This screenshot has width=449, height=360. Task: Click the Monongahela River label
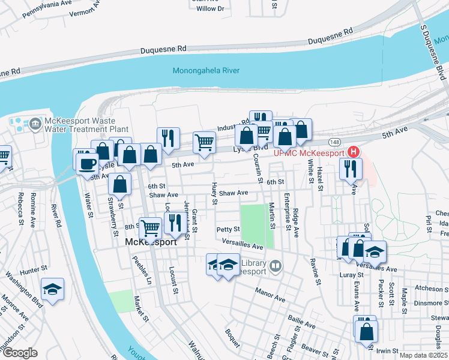pos(206,71)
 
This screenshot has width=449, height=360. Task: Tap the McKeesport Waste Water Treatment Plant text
pos(87,124)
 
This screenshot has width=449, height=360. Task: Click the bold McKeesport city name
pos(151,242)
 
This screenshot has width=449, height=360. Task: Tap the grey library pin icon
pos(276,265)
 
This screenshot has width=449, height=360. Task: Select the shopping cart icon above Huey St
pos(205,143)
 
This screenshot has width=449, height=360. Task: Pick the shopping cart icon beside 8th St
pos(151,227)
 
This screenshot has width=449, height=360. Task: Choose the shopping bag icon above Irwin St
pos(366,331)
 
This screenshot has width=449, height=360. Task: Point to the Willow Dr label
pos(210,8)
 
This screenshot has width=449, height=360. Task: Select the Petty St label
pos(228,229)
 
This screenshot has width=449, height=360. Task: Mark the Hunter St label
pos(34,269)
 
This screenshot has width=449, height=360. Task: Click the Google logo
pos(19,353)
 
